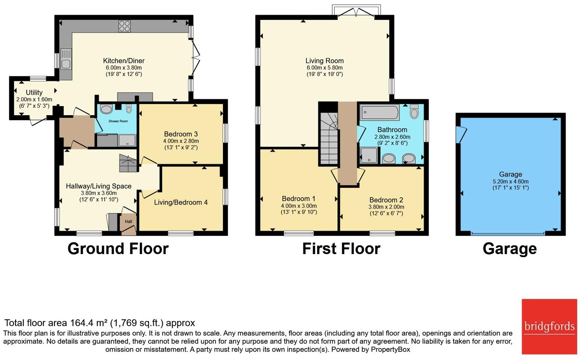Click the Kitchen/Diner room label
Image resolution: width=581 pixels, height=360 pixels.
124,61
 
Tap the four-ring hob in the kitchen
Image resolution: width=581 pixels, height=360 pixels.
125,26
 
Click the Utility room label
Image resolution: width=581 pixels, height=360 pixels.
34,92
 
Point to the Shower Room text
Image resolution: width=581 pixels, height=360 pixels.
118,121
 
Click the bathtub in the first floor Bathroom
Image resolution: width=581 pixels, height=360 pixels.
380,112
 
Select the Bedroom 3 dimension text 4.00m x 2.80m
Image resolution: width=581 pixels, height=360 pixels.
181,141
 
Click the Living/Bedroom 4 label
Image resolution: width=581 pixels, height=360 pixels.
181,202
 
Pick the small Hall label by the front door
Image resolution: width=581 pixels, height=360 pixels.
128,222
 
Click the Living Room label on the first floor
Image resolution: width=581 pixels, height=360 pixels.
324,61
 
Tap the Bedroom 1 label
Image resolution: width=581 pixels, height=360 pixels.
299,199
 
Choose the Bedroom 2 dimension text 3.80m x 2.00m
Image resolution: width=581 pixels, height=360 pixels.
386,207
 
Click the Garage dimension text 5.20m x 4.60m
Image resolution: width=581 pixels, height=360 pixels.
511,181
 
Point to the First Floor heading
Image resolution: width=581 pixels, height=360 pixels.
341,248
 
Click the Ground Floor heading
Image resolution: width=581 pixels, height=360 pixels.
118,248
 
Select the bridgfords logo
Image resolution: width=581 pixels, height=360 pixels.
549,327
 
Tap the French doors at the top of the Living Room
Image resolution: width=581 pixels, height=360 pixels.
356,11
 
